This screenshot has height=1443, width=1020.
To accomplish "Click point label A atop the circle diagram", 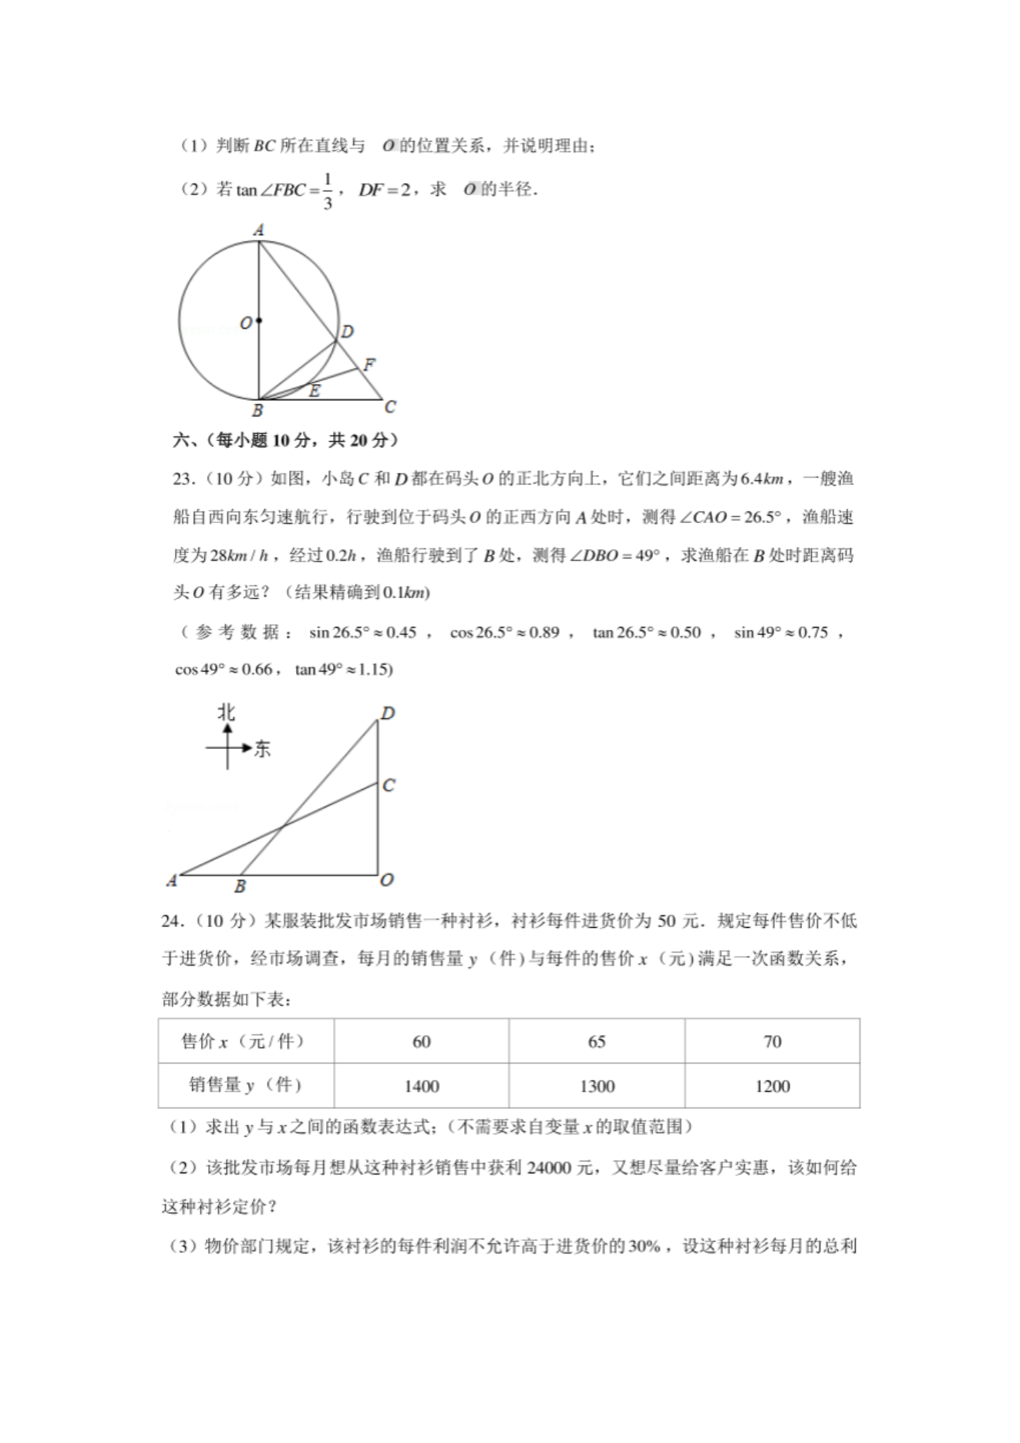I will [x=259, y=230].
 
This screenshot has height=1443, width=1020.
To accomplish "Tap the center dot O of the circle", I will [x=259, y=321].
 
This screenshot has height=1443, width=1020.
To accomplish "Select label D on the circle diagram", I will [x=348, y=332].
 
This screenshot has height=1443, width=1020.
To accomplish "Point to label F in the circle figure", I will [x=369, y=364].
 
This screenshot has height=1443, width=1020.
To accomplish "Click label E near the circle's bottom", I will [x=314, y=391].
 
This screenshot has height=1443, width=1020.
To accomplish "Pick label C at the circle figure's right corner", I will [x=390, y=406].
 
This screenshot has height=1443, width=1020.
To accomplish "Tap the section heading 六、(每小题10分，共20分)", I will [x=285, y=440].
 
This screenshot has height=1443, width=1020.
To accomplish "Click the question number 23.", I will [x=183, y=479].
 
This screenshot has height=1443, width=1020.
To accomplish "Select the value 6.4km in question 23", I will [x=762, y=479].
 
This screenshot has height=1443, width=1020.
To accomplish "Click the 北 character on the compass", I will [x=226, y=712].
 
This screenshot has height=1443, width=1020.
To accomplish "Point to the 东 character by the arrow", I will [x=262, y=748].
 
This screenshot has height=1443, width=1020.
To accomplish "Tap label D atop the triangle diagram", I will [x=388, y=713].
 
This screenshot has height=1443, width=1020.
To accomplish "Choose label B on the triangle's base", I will [x=240, y=887].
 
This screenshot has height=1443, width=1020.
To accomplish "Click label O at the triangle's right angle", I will [x=387, y=879].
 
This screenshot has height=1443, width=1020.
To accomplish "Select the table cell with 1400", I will [x=421, y=1086].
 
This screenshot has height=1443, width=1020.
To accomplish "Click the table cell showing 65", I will [x=597, y=1041].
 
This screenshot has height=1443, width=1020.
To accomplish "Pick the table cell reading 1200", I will [x=772, y=1086].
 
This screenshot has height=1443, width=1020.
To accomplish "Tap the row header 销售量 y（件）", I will [x=245, y=1085].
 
